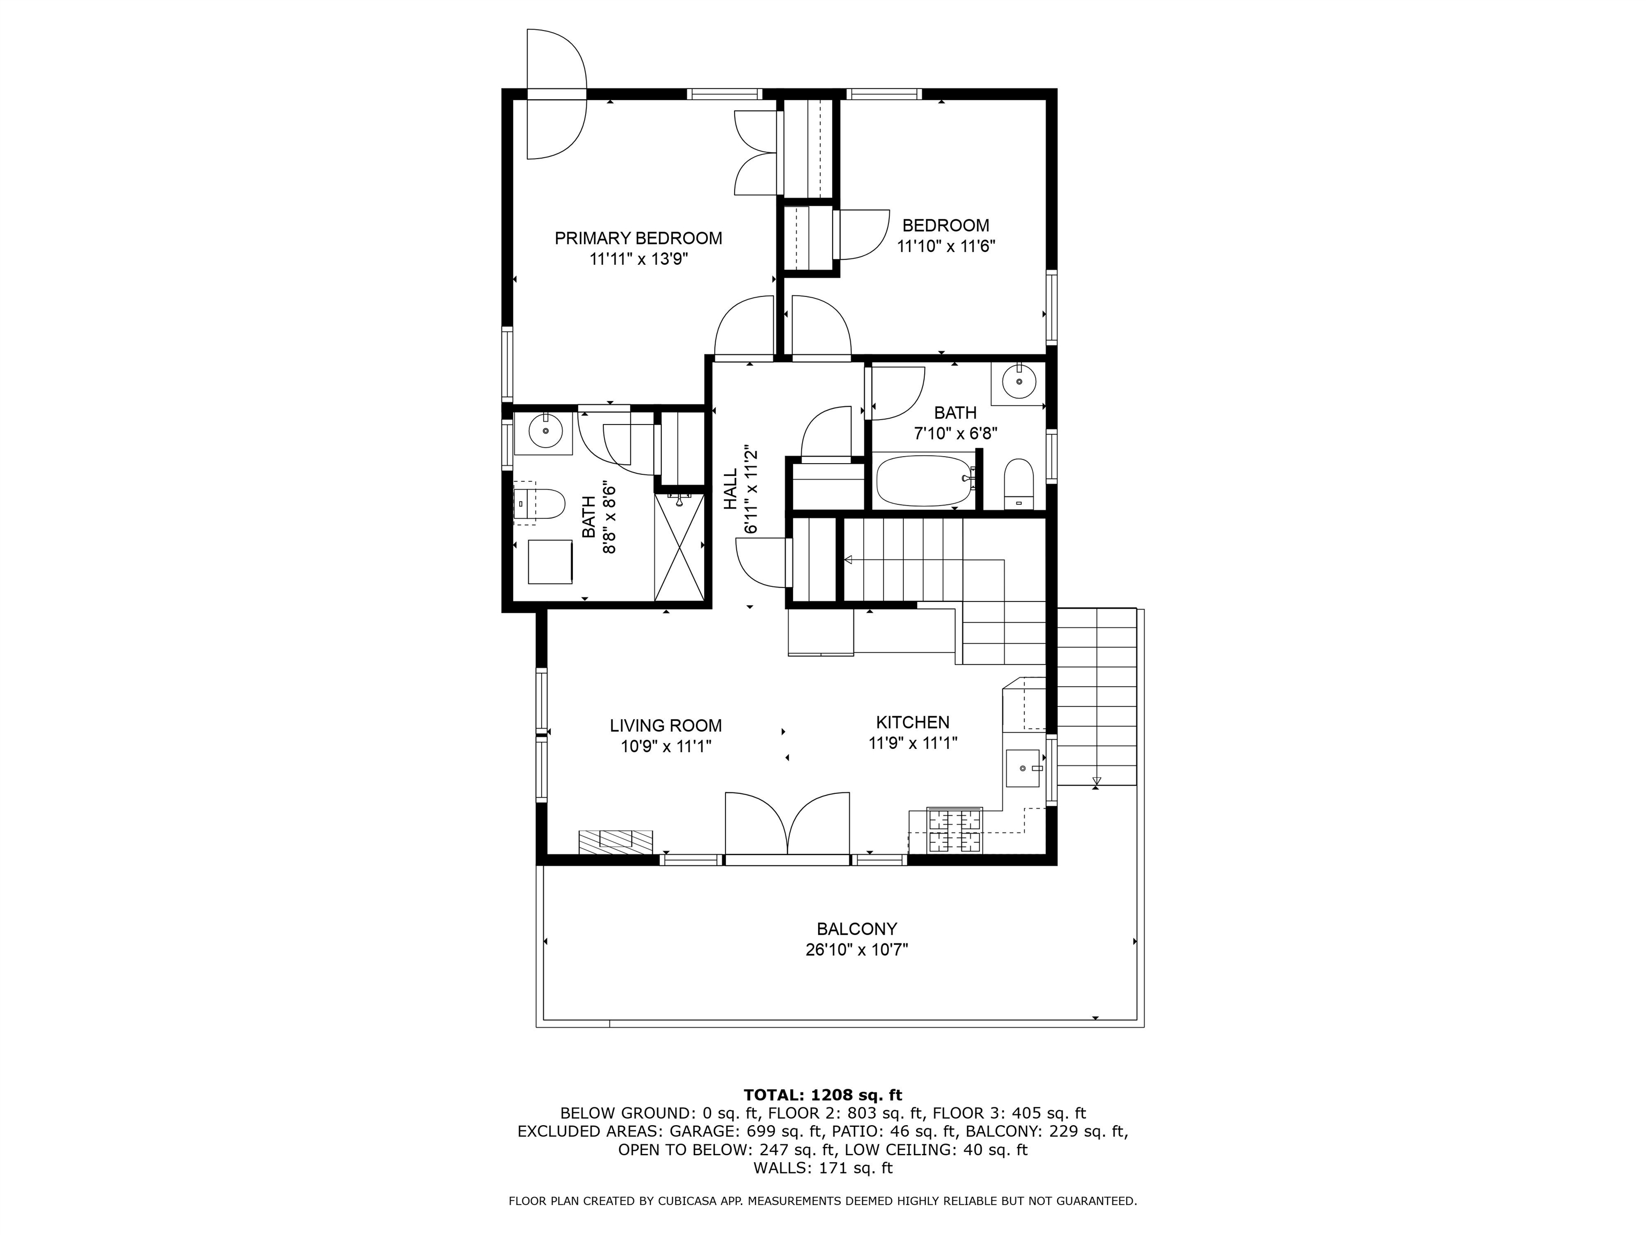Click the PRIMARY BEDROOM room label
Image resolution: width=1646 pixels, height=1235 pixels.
click(x=639, y=238)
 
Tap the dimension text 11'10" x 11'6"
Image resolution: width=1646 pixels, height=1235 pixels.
click(x=946, y=247)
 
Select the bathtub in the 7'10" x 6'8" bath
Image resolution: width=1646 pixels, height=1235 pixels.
click(x=925, y=481)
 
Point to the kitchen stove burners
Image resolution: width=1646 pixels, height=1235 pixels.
click(x=955, y=831)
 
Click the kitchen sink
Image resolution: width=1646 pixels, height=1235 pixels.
click(x=1023, y=768)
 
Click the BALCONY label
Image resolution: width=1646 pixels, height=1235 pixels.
click(x=857, y=929)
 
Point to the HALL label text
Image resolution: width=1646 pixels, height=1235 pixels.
click(x=731, y=489)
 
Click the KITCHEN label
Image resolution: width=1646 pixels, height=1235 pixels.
click(x=912, y=722)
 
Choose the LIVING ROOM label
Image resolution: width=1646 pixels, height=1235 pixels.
click(x=666, y=726)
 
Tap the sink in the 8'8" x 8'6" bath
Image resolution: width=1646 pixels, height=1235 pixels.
click(x=545, y=430)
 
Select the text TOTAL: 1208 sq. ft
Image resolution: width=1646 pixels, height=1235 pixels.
click(x=823, y=1095)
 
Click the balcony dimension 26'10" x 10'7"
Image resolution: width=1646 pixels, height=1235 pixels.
click(x=857, y=950)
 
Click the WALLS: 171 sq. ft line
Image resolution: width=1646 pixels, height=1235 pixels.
click(x=823, y=1168)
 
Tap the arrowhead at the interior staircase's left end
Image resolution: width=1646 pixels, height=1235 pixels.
click(x=848, y=560)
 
